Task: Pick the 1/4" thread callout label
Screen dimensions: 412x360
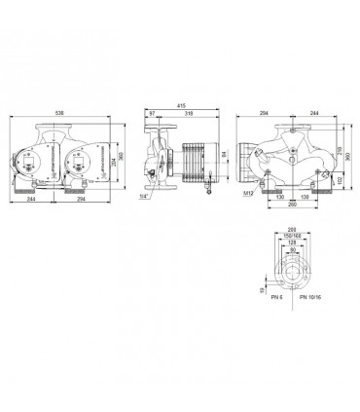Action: [x=144, y=197]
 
